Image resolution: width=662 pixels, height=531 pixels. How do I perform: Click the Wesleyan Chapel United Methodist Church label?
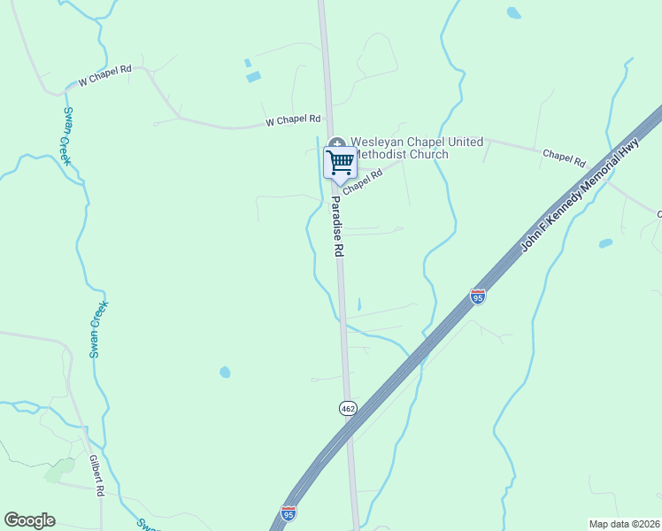click(416, 148)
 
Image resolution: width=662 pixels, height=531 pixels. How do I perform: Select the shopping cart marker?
click(340, 162)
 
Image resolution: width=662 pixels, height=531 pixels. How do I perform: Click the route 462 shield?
click(347, 408)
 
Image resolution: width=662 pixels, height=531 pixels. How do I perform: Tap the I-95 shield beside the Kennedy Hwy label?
click(478, 296)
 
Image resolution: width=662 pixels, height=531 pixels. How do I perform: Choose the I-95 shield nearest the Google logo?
click(289, 512)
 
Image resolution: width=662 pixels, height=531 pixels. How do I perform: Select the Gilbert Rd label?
click(96, 475)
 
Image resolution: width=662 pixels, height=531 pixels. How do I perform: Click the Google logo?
click(29, 520)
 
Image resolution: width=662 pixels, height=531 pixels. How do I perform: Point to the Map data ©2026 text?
click(624, 524)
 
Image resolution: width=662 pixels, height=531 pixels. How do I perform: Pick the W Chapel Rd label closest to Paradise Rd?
click(292, 119)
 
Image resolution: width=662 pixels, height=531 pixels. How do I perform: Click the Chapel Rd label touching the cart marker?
click(362, 181)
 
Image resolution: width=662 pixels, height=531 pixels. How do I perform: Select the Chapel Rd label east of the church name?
click(564, 158)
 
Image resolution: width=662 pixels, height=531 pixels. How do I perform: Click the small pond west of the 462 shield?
click(225, 372)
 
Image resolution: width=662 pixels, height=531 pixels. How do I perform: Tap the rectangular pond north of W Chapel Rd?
click(254, 77)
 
